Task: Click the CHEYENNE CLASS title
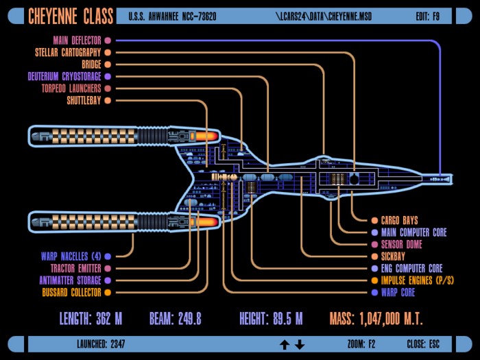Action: coord(71,16)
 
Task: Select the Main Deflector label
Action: coord(77,40)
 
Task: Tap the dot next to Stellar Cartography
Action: coord(108,52)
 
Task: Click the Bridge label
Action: coord(91,64)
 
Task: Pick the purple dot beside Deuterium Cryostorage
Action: coord(108,76)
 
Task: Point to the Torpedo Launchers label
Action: coord(71,88)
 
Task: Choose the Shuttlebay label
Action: coord(84,100)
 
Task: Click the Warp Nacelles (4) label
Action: coord(71,256)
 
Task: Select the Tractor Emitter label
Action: coord(75,269)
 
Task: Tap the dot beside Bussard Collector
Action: coord(108,292)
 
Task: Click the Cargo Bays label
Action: coord(399,220)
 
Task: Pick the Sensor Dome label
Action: coord(401,244)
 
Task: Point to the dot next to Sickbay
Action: coord(374,256)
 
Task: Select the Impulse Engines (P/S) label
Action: coord(417,280)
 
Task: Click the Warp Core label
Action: coord(398,292)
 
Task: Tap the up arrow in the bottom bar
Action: coord(285,345)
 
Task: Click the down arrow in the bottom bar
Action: coord(300,345)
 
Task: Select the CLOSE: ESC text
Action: coord(423,344)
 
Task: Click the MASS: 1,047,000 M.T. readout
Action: coord(376,319)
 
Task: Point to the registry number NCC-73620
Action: coord(199,16)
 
